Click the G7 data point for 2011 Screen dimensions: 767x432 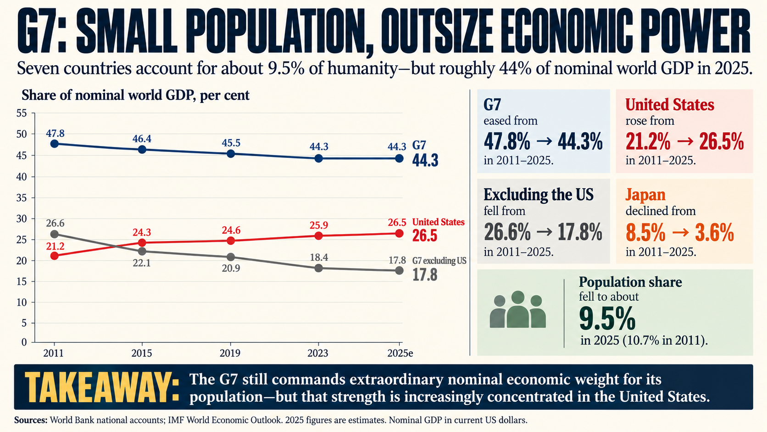54,144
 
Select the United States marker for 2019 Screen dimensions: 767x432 231,241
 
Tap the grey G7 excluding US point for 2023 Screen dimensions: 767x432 318,268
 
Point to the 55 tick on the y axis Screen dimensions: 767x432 21,113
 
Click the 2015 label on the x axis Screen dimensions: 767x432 142,353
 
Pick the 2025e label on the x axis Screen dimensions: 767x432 400,353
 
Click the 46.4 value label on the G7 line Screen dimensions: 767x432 142,139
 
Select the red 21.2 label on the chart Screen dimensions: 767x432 56,247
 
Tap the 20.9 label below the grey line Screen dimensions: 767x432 231,268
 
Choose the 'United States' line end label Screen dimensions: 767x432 438,222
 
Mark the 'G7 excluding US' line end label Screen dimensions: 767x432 439,261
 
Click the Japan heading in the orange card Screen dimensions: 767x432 645,195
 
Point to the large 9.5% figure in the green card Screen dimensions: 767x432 607,318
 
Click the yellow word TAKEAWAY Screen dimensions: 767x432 102,387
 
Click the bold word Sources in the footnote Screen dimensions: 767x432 31,420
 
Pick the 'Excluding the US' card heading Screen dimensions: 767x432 538,195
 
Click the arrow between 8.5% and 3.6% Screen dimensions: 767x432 680,233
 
